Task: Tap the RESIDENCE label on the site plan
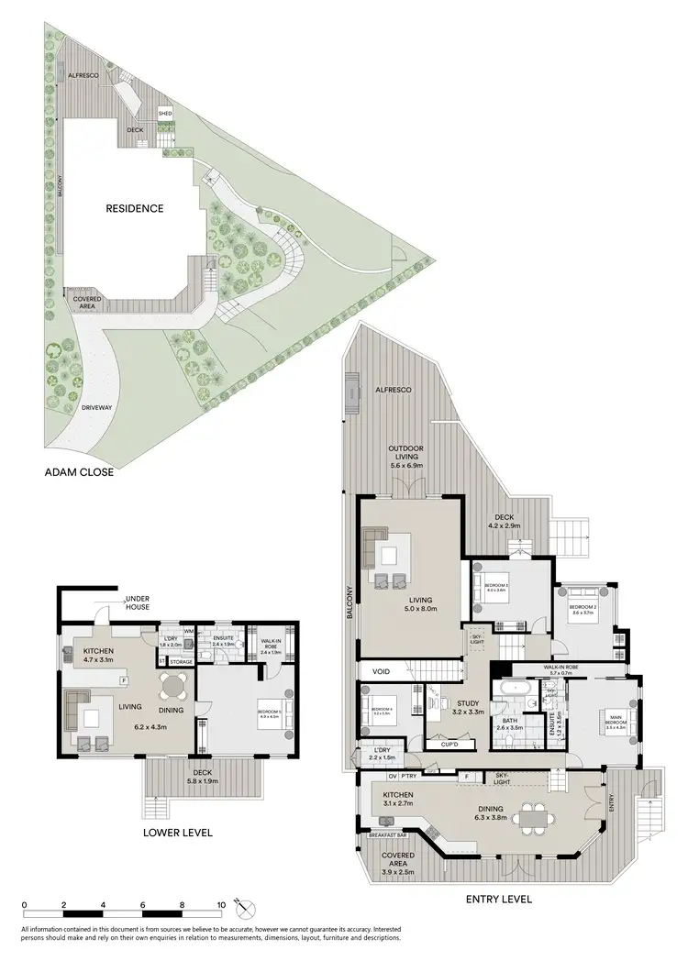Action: coord(135,208)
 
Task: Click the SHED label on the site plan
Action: coord(165,114)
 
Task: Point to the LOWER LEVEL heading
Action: coord(178,833)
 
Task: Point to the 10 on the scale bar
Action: coord(221,906)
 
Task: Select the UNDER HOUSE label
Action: coord(139,602)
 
